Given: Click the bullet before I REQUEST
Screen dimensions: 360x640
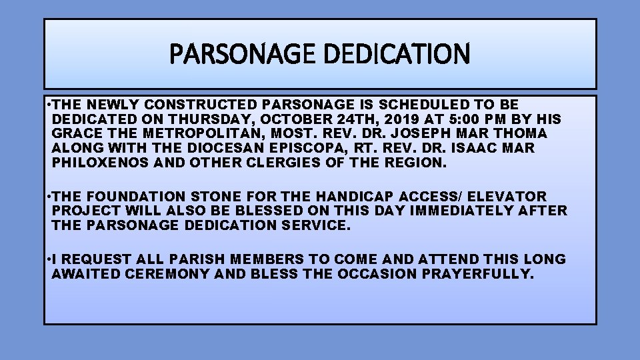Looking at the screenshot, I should coord(48,259).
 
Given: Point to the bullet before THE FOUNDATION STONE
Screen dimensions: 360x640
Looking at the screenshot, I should coord(48,197).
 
